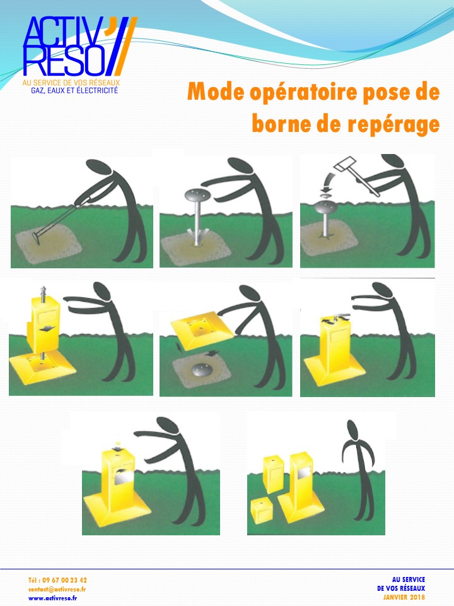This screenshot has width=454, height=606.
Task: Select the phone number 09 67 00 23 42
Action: tap(57, 579)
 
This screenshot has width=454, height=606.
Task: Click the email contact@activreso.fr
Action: tap(57, 588)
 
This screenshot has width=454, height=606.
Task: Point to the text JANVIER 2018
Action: tap(404, 597)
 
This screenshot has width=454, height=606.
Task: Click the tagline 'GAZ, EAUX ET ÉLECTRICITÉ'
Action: tap(74, 91)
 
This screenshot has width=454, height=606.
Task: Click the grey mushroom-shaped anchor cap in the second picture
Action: tap(199, 194)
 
